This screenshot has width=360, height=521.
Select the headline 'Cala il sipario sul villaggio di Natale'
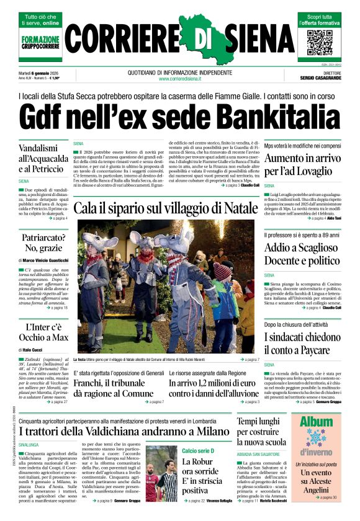click(165, 208)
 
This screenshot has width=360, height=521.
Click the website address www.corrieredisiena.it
click(179, 79)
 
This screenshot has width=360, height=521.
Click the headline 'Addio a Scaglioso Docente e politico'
click(302, 255)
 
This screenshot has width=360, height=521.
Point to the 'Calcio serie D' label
click(198, 450)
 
